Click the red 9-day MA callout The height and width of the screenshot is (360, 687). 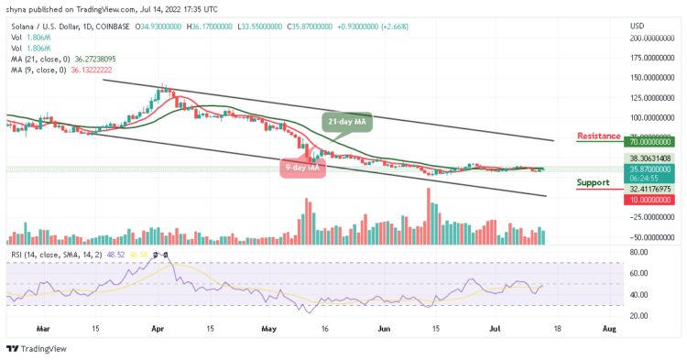300,168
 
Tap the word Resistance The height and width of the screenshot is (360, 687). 600,136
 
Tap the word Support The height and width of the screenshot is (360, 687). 593,182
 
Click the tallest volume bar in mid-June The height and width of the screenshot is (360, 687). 428,216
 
